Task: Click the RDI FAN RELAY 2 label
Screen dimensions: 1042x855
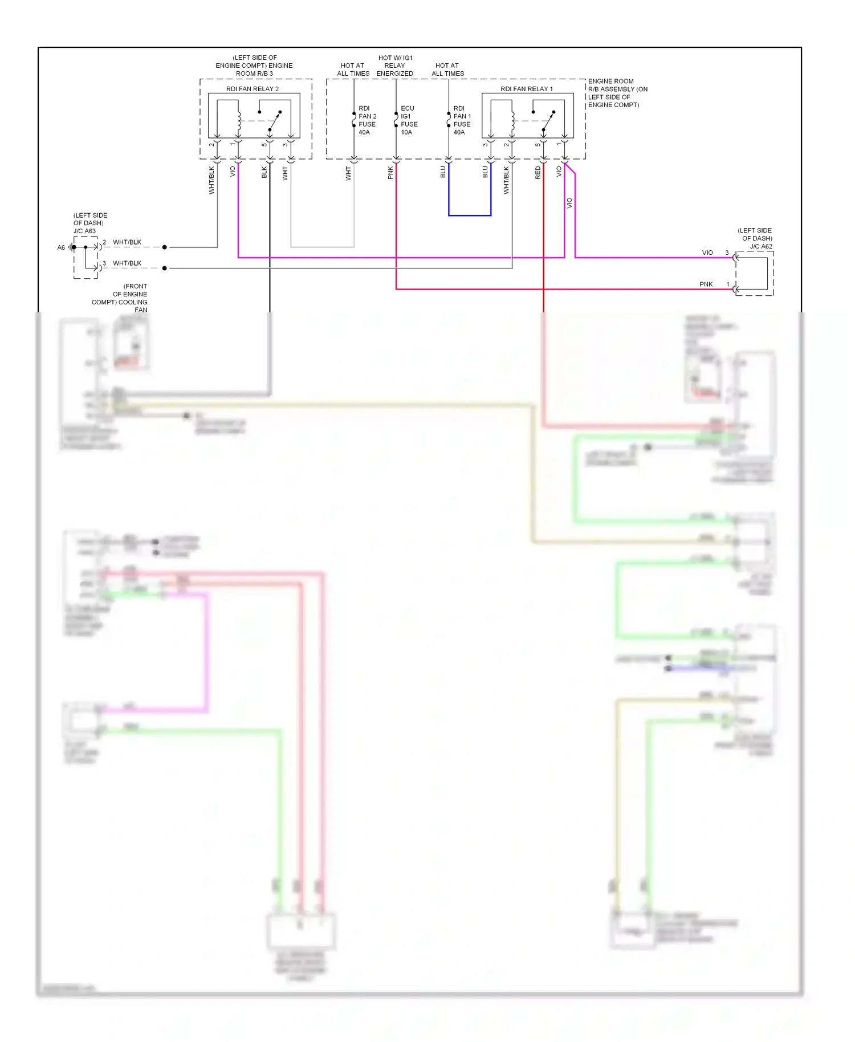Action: coord(253,89)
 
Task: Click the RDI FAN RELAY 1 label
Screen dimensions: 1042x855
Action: coord(527,89)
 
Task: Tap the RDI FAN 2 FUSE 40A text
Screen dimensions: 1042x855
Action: coord(367,120)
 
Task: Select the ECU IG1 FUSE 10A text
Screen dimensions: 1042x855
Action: coord(409,120)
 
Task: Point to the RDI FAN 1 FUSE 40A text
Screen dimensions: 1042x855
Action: coord(462,120)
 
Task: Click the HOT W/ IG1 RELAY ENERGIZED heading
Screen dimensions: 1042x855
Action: coord(395,66)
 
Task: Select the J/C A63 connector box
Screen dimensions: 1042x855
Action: coord(85,258)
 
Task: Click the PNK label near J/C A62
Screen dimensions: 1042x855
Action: coord(706,284)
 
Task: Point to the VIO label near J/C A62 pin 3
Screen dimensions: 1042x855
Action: coord(707,253)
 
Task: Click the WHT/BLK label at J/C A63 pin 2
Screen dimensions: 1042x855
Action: coord(127,242)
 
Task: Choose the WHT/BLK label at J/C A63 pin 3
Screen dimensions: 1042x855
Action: coord(127,263)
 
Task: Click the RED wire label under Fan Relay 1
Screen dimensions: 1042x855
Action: coord(538,173)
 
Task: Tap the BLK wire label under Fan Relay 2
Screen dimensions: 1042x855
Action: coord(264,172)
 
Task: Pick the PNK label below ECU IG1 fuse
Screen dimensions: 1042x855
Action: coord(390,173)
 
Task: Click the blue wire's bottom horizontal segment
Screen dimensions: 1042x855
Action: coord(470,215)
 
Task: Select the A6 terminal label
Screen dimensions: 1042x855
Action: coord(61,247)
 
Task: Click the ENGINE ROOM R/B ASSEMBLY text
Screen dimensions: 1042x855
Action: coord(617,93)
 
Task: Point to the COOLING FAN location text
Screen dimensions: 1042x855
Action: coord(120,298)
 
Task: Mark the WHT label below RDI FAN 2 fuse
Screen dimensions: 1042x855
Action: coord(348,174)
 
